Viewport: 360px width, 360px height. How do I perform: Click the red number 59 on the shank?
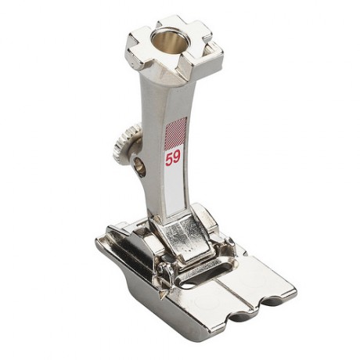pos(173,158)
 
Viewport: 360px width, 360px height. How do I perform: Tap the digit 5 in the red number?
pos(169,159)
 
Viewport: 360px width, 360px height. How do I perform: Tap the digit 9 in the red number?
pos(177,157)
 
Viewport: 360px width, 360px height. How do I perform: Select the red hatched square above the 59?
pos(176,131)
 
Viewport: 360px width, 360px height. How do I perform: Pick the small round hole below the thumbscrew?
pos(141,168)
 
